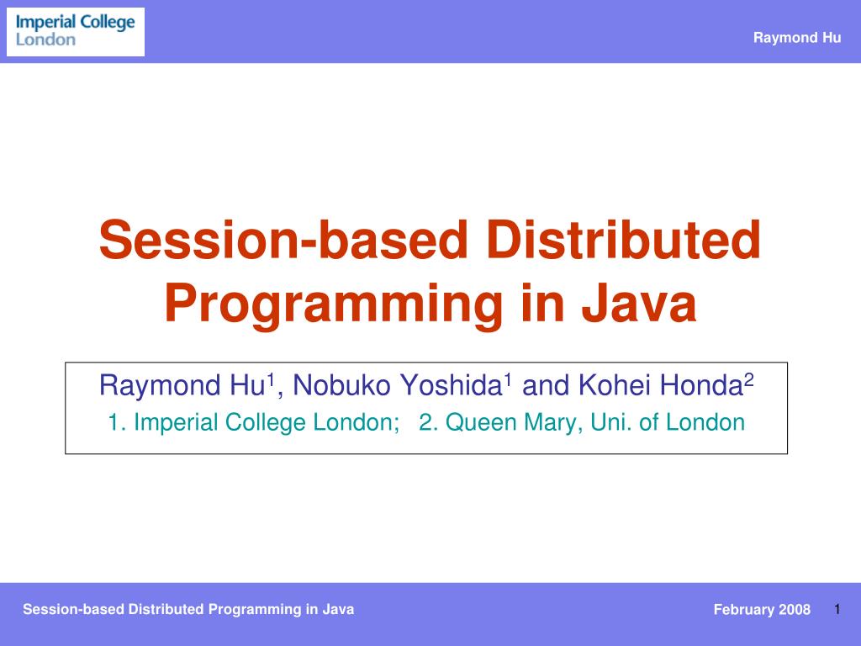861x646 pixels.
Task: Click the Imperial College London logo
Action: coord(76,31)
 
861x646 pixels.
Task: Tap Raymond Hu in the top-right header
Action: coord(796,37)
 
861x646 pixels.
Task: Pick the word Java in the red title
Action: coord(644,304)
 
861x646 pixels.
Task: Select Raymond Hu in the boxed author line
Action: coord(182,386)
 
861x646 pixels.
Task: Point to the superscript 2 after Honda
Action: coord(749,380)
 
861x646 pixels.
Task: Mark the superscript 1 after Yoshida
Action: coord(508,380)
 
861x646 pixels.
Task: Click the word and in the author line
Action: coord(547,386)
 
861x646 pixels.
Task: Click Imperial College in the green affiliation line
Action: coord(221,422)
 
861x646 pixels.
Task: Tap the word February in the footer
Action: coord(743,610)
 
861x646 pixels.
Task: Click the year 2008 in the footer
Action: coord(795,610)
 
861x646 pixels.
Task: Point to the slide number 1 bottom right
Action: coord(838,608)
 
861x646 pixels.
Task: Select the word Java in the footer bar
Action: coord(338,609)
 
